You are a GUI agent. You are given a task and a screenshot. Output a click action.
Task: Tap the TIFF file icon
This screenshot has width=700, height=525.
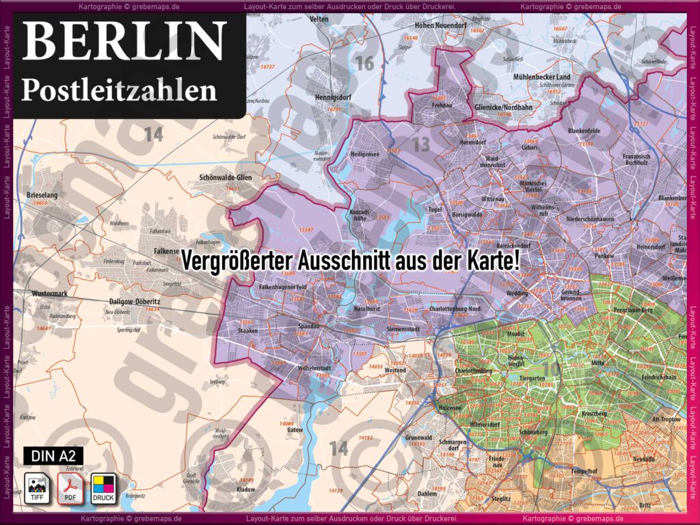point(36,488)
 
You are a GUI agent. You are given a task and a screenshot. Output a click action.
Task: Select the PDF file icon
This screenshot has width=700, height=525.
point(70,488)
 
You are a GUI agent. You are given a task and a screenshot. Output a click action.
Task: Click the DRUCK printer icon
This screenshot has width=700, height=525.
point(104,488)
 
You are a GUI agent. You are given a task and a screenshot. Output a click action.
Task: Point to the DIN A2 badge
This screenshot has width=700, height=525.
point(54,455)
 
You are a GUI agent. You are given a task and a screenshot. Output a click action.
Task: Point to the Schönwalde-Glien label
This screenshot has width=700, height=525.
point(221,178)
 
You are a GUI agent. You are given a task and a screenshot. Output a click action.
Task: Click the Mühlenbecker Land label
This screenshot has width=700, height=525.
point(541,77)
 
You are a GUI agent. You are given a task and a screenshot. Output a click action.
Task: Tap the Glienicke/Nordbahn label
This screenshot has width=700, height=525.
point(502,108)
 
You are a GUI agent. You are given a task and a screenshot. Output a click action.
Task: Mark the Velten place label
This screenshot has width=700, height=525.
point(320,20)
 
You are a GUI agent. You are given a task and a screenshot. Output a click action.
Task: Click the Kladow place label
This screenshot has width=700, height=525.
point(245,489)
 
